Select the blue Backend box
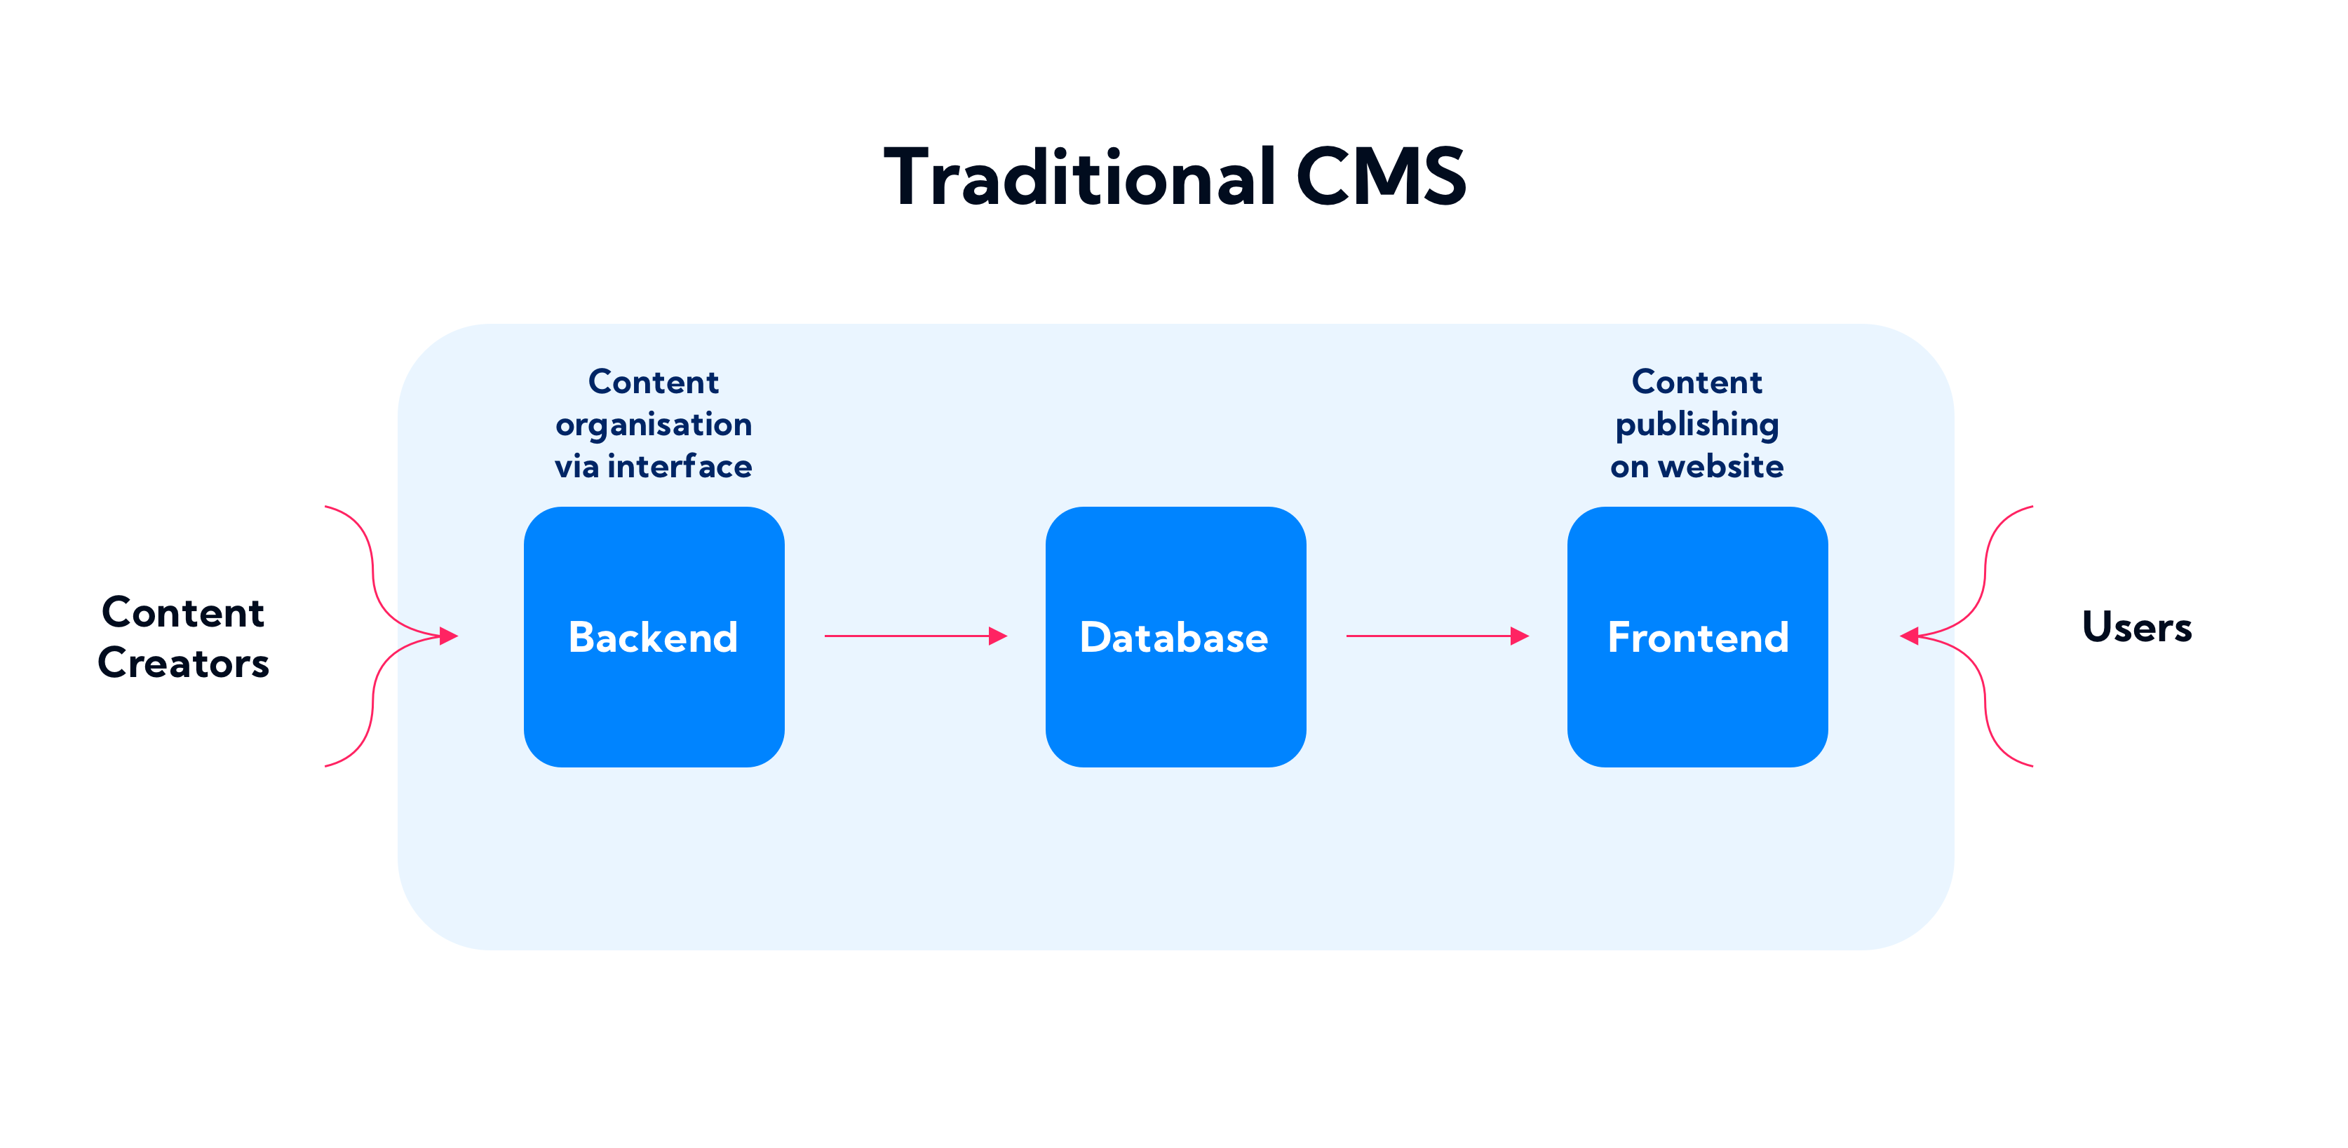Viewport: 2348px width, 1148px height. (x=654, y=637)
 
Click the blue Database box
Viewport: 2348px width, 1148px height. (x=1175, y=637)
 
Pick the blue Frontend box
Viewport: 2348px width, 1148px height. (x=1697, y=637)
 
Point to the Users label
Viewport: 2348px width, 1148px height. (x=2136, y=627)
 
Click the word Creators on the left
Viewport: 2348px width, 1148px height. (x=183, y=663)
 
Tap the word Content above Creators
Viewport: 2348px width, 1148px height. (x=183, y=613)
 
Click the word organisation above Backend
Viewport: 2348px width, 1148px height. (x=654, y=425)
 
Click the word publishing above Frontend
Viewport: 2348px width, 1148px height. (x=1697, y=425)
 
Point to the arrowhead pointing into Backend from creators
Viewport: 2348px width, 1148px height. (x=448, y=636)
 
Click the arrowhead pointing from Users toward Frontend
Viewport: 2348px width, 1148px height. (x=1910, y=636)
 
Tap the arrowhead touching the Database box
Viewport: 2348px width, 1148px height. (x=998, y=636)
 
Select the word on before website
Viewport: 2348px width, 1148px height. (x=1629, y=467)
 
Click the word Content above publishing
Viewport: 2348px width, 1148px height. (x=1697, y=382)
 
